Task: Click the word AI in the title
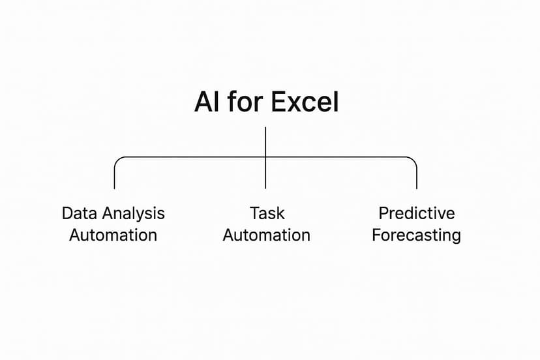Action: tap(207, 103)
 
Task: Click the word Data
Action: tap(78, 213)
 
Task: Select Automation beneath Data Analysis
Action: tap(113, 235)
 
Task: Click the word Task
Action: tap(266, 213)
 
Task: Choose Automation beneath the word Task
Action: tap(266, 235)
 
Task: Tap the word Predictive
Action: tap(416, 213)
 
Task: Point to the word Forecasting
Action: tap(416, 235)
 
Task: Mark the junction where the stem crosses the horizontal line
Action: tap(265, 157)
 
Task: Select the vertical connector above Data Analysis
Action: tap(114, 177)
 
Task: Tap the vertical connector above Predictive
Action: tap(416, 177)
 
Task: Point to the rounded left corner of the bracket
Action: tap(117, 160)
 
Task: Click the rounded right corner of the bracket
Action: tap(413, 160)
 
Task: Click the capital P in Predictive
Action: tap(383, 213)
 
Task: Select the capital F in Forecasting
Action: tap(376, 235)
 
